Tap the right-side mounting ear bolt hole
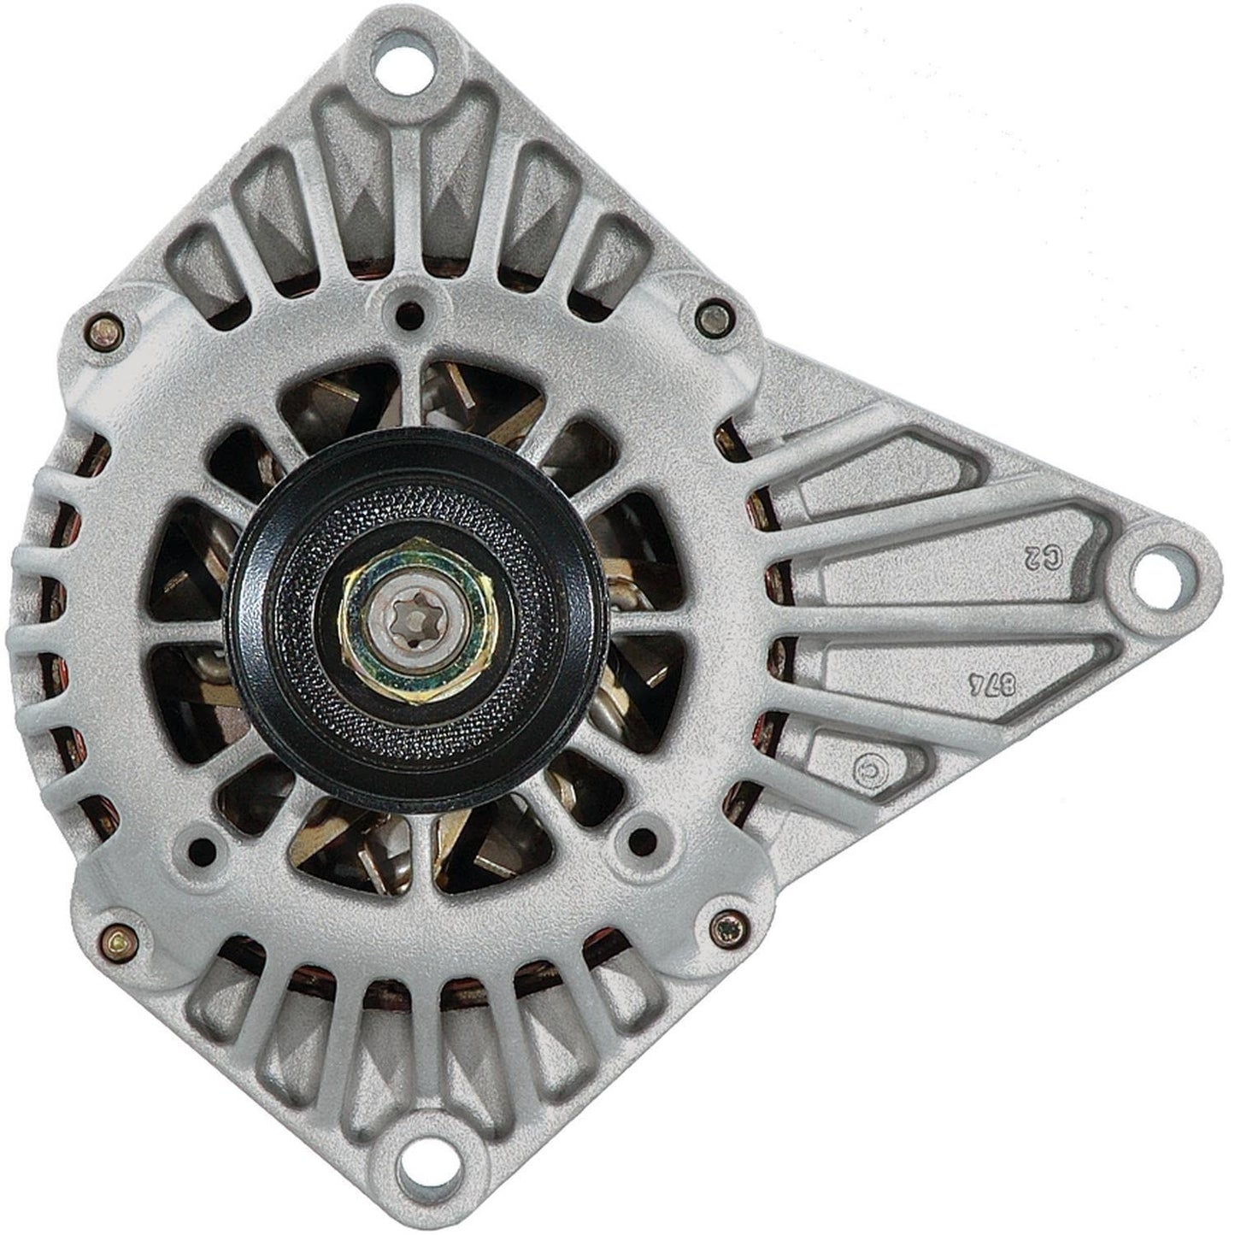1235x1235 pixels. [x=1163, y=571]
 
